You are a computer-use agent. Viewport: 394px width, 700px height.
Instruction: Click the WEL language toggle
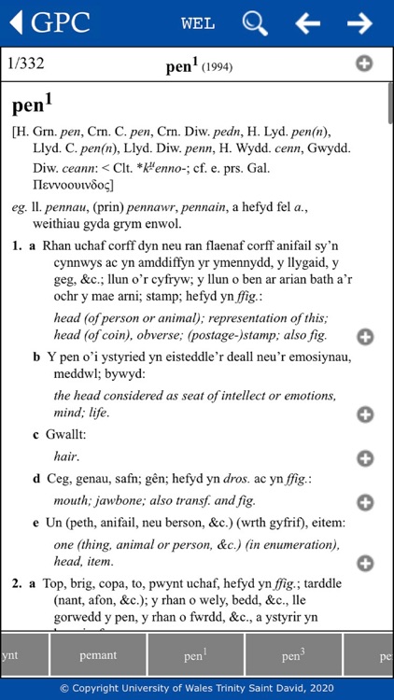pyautogui.click(x=198, y=23)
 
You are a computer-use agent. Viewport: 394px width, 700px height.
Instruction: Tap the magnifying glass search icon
pyautogui.click(x=255, y=23)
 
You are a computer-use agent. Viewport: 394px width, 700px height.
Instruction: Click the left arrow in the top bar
pyautogui.click(x=307, y=23)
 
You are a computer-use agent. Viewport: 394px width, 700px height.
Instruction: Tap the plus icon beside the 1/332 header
pyautogui.click(x=364, y=63)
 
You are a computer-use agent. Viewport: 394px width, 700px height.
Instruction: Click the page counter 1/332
pyautogui.click(x=25, y=64)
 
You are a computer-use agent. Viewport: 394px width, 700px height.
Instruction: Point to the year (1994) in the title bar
pyautogui.click(x=217, y=67)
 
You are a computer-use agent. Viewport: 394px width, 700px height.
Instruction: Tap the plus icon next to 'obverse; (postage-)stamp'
pyautogui.click(x=365, y=336)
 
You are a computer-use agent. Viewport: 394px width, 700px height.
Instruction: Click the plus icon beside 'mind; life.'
pyautogui.click(x=365, y=414)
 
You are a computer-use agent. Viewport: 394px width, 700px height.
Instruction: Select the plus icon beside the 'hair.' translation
pyautogui.click(x=365, y=458)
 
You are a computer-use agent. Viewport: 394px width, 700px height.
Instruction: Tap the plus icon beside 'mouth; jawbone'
pyautogui.click(x=365, y=502)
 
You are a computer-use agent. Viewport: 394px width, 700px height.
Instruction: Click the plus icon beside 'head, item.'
pyautogui.click(x=365, y=562)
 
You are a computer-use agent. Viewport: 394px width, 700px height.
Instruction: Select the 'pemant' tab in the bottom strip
pyautogui.click(x=98, y=655)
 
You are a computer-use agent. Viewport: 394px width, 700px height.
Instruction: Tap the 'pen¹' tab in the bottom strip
pyautogui.click(x=196, y=655)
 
